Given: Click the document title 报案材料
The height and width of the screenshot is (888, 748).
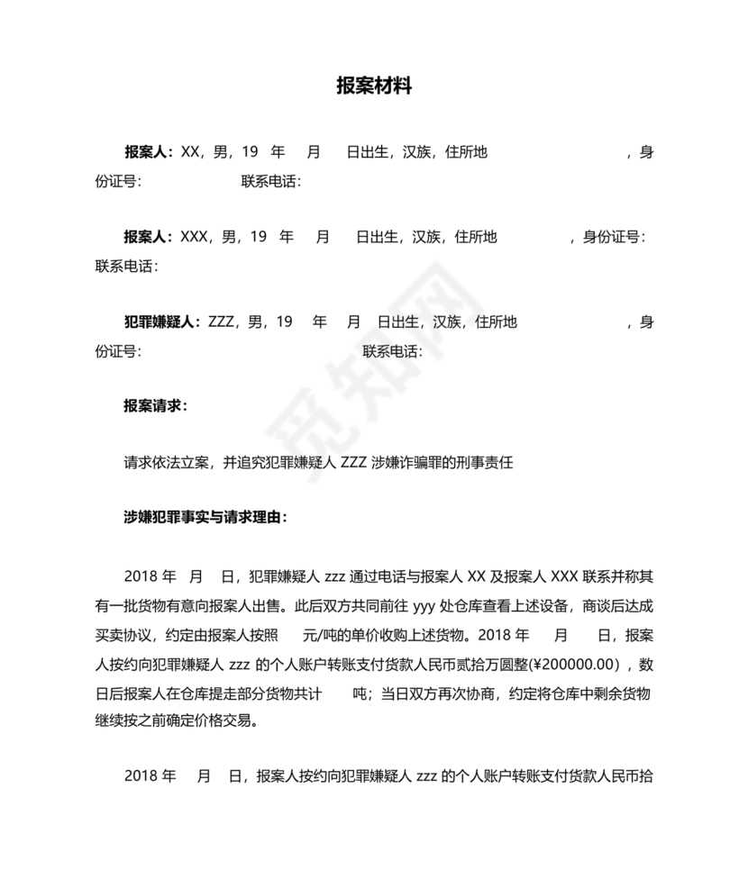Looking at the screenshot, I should [x=374, y=86].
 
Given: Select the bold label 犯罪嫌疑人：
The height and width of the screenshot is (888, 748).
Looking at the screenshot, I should [x=162, y=322].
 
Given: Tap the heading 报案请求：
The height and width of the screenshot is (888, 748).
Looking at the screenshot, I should [x=156, y=406].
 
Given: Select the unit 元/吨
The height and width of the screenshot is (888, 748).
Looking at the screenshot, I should [x=320, y=634].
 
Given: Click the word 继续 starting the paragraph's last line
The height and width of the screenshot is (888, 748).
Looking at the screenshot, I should [x=110, y=721].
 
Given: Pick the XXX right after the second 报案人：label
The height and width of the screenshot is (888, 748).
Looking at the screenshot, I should [x=194, y=238].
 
